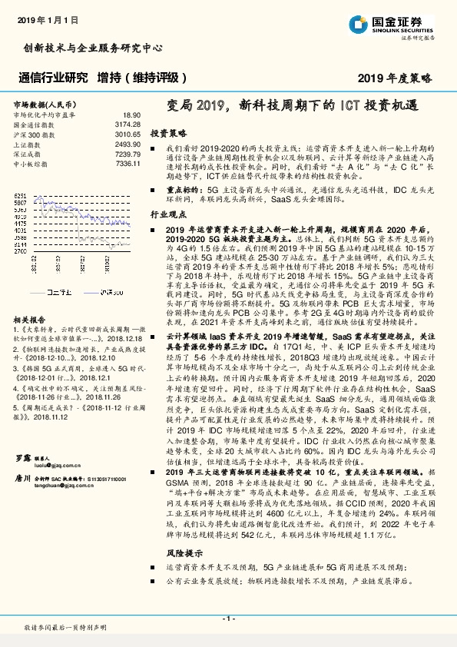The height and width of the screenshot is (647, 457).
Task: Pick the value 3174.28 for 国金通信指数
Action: pyautogui.click(x=127, y=124)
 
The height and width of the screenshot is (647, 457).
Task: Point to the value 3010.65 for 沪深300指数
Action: pyautogui.click(x=127, y=134)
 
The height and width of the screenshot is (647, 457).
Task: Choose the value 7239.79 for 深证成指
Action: pyautogui.click(x=127, y=154)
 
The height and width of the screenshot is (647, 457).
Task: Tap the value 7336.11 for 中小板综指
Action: pyautogui.click(x=127, y=164)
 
